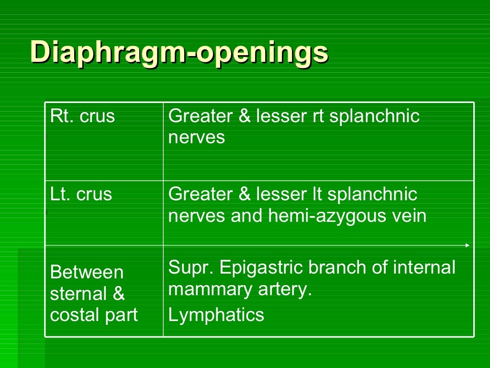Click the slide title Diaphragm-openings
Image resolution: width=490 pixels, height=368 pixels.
point(179,52)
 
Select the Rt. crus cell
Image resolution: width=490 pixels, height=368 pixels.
point(82,116)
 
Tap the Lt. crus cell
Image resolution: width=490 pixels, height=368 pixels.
point(81,195)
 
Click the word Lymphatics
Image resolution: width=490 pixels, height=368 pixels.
point(216,315)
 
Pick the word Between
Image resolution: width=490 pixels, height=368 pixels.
point(87,272)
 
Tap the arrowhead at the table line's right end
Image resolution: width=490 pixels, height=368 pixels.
point(468,245)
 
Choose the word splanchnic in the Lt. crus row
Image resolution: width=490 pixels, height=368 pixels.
point(375,195)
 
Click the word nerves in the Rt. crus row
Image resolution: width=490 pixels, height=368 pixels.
point(196,138)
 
